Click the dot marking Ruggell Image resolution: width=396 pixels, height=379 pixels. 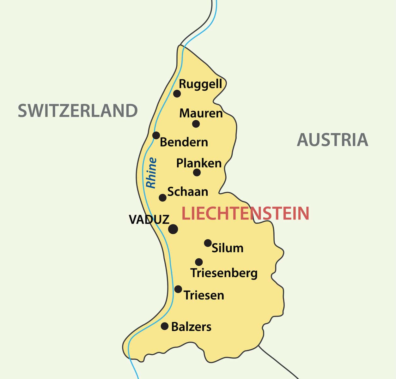[177, 93]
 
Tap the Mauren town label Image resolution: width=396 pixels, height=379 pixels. [201, 113]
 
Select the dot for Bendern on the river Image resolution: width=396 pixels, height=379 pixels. [156, 135]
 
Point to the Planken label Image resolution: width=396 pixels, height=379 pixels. [199, 163]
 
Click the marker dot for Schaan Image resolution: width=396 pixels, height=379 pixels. [162, 198]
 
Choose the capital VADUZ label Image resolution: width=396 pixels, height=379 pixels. [149, 220]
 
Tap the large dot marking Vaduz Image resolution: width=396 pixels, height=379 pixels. [173, 229]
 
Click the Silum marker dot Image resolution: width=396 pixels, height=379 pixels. [208, 243]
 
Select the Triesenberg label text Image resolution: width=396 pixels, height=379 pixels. [224, 273]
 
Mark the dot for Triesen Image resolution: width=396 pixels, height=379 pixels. [178, 289]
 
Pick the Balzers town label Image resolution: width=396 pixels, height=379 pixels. [191, 327]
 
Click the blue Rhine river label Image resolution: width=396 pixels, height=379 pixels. [151, 173]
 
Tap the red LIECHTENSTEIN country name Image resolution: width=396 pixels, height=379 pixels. [245, 213]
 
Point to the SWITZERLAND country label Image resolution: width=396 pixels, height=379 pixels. [78, 111]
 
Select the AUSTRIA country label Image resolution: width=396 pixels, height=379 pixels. [332, 140]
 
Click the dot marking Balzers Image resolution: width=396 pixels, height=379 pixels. [165, 326]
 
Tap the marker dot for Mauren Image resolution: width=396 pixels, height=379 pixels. [196, 123]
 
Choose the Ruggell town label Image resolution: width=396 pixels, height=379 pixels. [200, 84]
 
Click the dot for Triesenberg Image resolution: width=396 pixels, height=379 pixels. [199, 262]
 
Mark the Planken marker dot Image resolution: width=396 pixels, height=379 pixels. [197, 172]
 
